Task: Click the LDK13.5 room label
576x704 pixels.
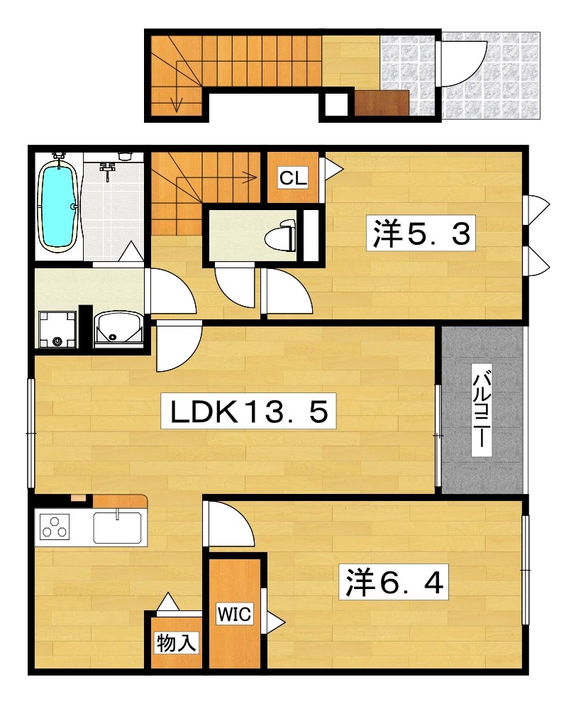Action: click(x=248, y=411)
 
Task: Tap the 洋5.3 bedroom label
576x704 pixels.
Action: click(x=421, y=233)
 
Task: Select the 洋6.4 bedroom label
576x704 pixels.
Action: click(x=394, y=583)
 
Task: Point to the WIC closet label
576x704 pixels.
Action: click(x=234, y=614)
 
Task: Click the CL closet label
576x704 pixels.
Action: click(x=293, y=178)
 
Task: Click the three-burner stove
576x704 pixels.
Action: click(x=55, y=527)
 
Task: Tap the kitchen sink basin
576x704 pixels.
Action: click(x=118, y=527)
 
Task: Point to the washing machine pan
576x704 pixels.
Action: click(x=57, y=329)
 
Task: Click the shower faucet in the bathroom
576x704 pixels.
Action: click(x=107, y=170)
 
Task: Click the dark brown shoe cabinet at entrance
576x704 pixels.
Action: click(x=382, y=103)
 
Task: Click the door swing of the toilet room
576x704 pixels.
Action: click(x=235, y=287)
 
